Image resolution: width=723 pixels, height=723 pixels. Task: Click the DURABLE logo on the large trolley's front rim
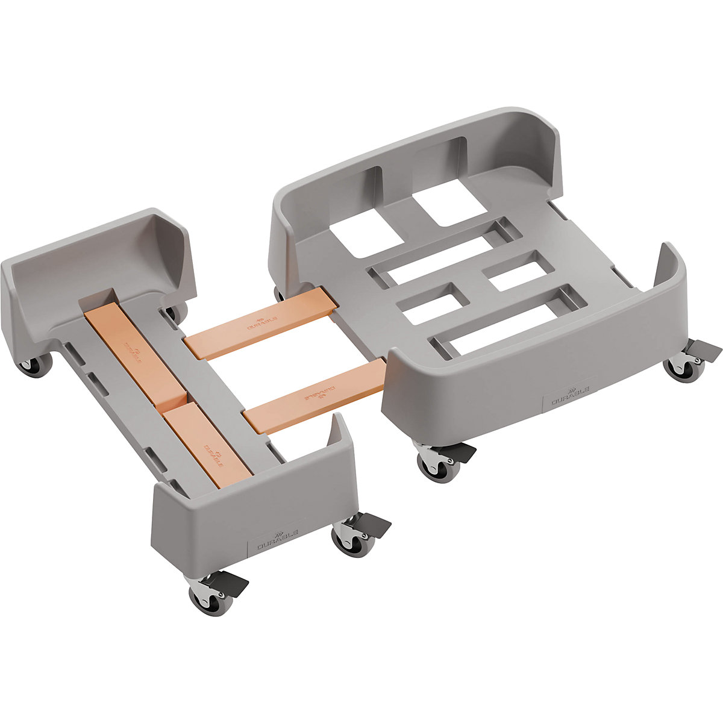(569, 399)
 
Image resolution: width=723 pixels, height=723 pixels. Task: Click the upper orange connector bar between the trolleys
(259, 324)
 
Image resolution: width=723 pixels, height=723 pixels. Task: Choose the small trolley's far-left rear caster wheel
(35, 365)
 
